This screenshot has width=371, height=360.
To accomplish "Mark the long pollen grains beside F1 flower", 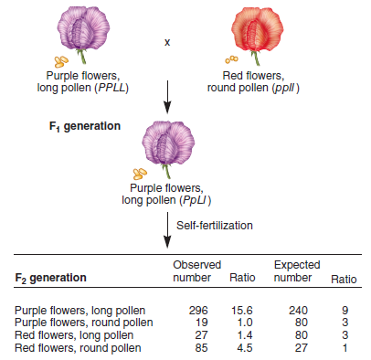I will pyautogui.click(x=140, y=173).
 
